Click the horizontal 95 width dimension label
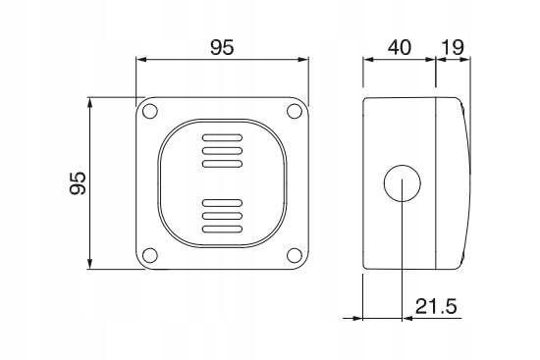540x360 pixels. pos(222,47)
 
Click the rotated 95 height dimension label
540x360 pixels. pos(78,183)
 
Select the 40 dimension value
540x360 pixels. pos(400,47)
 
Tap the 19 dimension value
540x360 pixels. pos(453,47)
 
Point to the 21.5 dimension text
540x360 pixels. pos(436,306)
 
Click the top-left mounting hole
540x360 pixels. pos(150,111)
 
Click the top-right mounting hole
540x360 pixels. pos(295,111)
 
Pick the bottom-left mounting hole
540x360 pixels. pos(150,255)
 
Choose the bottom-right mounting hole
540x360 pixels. pos(295,255)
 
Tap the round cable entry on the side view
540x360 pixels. pos(403,183)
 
